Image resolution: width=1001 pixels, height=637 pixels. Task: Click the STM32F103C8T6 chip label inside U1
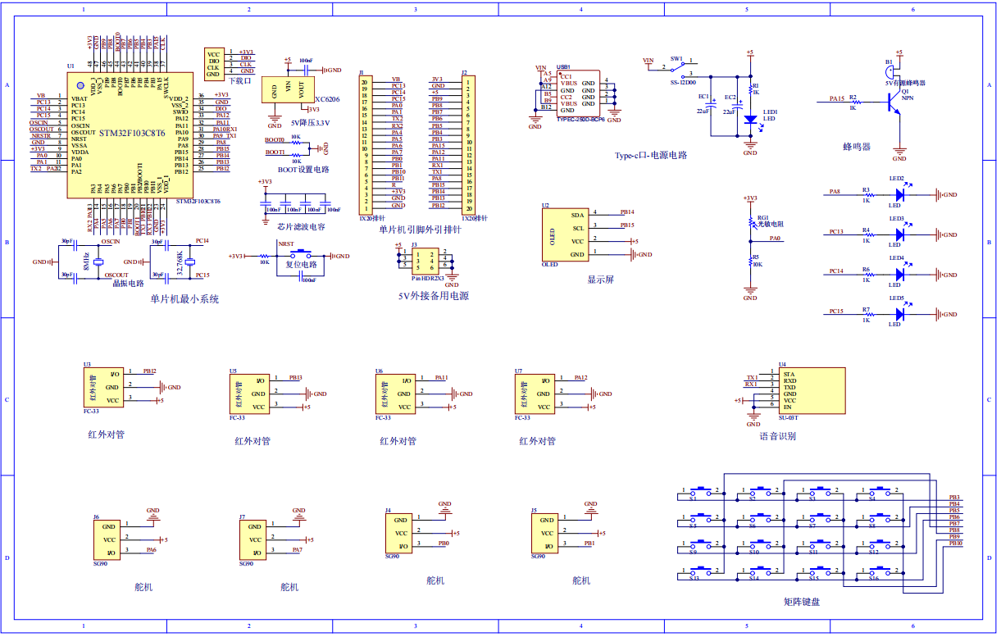130,133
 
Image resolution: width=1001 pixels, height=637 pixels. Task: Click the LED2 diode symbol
900,194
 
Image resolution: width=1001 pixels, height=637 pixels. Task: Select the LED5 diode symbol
900,314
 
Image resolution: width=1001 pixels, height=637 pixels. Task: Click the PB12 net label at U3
148,371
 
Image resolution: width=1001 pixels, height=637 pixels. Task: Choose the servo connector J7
255,539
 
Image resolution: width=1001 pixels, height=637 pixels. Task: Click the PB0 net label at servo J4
443,544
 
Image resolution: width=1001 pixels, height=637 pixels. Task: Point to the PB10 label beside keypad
955,544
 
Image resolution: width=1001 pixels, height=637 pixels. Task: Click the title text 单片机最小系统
184,299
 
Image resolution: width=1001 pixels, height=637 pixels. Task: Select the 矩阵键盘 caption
801,602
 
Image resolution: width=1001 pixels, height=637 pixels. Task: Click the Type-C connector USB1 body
577,94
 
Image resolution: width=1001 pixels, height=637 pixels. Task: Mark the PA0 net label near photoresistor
775,239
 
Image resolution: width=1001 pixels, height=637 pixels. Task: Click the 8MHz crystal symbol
98,262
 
